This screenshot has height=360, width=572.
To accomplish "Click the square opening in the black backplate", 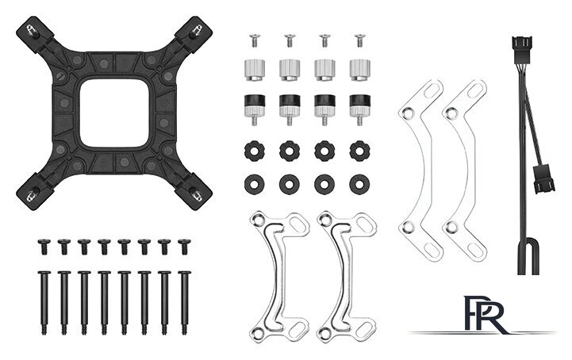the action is (114, 114).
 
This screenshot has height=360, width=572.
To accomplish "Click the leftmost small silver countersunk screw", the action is (255, 40).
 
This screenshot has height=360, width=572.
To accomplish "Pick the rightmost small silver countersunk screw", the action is (359, 40).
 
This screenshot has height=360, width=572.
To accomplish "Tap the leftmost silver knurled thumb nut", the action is (254, 70).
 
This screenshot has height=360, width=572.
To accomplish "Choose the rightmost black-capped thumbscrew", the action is (359, 109).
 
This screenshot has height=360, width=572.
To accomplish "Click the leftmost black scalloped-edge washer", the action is (254, 151).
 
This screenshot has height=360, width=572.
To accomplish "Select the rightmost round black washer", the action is (359, 184).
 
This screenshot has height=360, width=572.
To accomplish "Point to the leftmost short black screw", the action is (44, 247).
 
